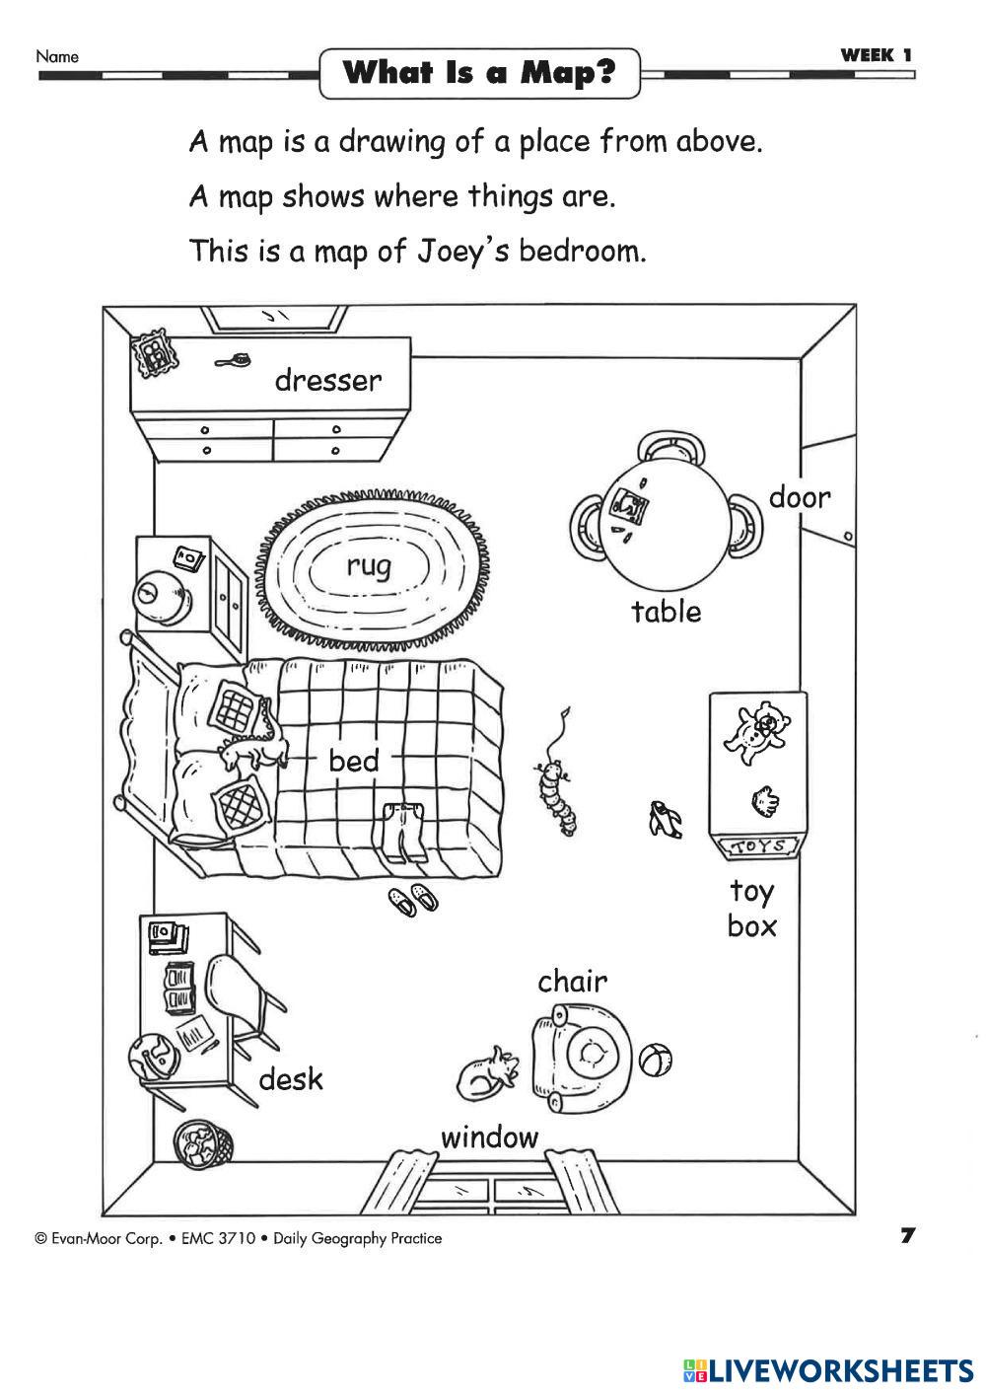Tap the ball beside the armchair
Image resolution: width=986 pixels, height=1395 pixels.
click(x=656, y=1061)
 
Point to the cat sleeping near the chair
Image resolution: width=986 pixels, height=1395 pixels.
click(x=488, y=1073)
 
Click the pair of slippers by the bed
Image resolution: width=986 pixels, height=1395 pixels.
click(x=413, y=899)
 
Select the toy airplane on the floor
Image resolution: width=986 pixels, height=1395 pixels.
click(x=664, y=820)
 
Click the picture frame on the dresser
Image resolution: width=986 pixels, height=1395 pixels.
click(x=155, y=351)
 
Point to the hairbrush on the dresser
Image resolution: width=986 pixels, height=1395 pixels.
click(x=235, y=361)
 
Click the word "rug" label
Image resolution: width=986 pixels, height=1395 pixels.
click(x=369, y=566)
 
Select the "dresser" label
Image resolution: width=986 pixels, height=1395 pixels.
click(x=327, y=380)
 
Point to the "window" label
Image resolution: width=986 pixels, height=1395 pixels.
click(x=489, y=1138)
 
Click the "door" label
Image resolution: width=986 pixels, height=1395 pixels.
click(x=800, y=497)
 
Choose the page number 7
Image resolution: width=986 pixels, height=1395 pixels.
click(x=908, y=1235)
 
